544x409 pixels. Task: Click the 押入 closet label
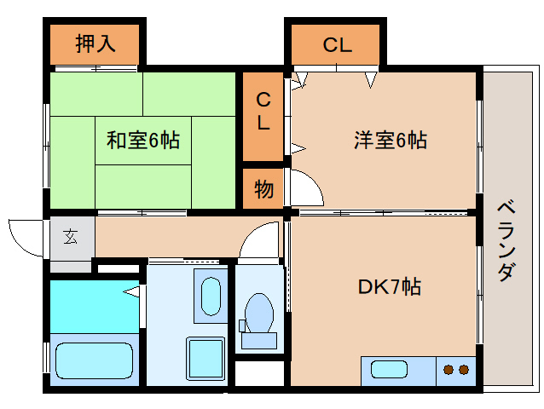(x=95, y=44)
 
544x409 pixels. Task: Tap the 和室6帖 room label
(x=143, y=140)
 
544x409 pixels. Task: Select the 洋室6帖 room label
(x=391, y=140)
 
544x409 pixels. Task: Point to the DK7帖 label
(x=390, y=286)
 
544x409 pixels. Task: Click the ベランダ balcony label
(x=506, y=241)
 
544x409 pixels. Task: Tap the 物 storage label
(x=263, y=189)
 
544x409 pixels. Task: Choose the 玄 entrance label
(x=71, y=237)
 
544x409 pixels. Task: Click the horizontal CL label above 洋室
(x=337, y=44)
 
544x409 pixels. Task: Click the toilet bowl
(x=259, y=313)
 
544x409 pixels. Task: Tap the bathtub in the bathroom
(x=94, y=360)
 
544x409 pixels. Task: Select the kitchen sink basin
(x=389, y=369)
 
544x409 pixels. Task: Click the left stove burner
(x=449, y=370)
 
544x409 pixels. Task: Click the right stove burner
(x=464, y=370)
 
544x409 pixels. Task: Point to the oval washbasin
(x=211, y=297)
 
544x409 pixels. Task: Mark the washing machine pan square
(x=205, y=359)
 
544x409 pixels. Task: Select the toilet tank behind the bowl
(x=259, y=340)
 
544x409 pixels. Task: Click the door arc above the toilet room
(x=252, y=231)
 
